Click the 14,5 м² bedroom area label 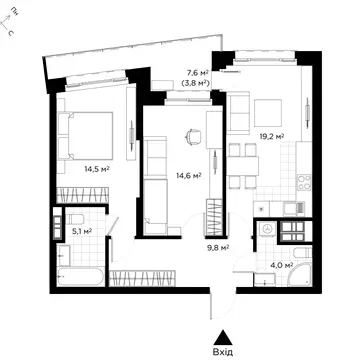click(x=97, y=169)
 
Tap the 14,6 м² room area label click(x=189, y=175)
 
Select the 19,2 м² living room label click(x=272, y=136)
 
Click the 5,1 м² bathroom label click(x=82, y=230)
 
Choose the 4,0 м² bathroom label click(x=283, y=266)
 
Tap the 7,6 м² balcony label click(x=197, y=73)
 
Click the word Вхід click(x=223, y=352)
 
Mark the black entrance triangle click(x=223, y=338)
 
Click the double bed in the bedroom click(x=85, y=136)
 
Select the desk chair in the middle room click(x=194, y=136)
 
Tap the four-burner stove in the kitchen click(x=304, y=182)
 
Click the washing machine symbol click(x=267, y=229)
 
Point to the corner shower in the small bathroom click(x=301, y=275)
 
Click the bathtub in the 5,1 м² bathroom click(x=80, y=277)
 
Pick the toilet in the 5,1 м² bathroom click(x=74, y=219)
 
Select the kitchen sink click(x=294, y=209)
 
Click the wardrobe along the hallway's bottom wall click(x=142, y=278)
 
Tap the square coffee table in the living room click(x=268, y=113)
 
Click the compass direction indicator click(x=7, y=22)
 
